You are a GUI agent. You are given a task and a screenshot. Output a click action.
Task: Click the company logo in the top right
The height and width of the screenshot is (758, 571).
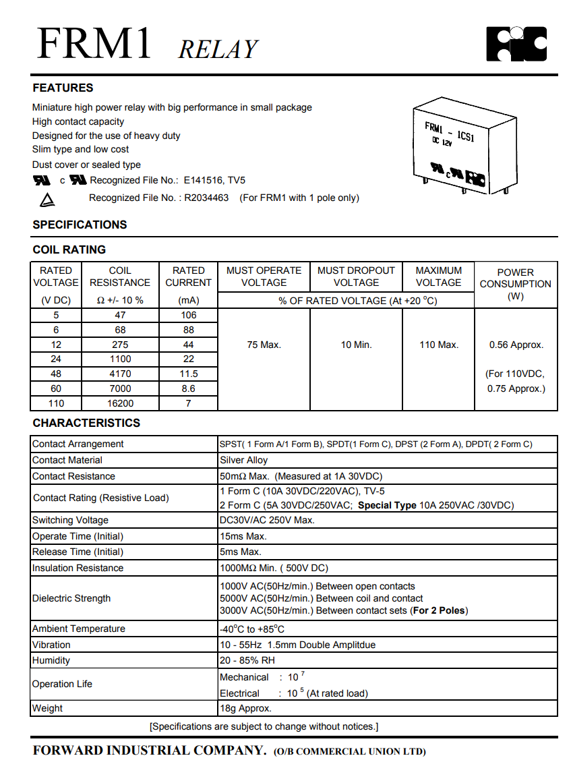click(x=516, y=44)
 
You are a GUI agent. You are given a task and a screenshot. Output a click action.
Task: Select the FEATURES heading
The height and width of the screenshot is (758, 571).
click(x=63, y=88)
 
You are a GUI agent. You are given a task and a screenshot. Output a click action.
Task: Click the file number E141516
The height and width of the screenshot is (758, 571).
click(x=204, y=180)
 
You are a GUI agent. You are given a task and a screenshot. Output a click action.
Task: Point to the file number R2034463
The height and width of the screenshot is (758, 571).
click(x=206, y=198)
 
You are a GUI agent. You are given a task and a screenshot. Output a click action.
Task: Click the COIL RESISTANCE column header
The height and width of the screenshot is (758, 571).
click(x=120, y=276)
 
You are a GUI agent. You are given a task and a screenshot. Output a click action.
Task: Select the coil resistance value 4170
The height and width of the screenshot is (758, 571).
click(x=120, y=374)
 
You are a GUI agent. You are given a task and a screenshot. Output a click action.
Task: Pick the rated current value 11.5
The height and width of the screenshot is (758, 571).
click(x=189, y=374)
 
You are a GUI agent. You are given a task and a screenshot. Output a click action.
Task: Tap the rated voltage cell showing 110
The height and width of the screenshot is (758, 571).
click(x=56, y=403)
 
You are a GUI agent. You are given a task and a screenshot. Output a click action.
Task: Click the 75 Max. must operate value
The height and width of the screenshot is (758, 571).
click(x=264, y=345)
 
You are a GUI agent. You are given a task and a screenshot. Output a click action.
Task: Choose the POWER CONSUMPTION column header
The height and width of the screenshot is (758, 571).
click(x=516, y=278)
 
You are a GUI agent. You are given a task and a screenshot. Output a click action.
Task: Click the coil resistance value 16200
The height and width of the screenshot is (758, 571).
click(x=120, y=403)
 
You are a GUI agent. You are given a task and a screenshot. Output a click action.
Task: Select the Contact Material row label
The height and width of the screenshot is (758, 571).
click(x=67, y=460)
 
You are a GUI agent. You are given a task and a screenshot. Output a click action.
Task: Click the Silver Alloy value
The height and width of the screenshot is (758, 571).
click(x=244, y=460)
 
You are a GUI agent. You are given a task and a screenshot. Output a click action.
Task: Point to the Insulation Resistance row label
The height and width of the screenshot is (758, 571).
click(x=78, y=568)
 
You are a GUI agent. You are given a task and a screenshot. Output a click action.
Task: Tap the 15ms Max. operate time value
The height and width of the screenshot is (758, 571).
click(x=243, y=536)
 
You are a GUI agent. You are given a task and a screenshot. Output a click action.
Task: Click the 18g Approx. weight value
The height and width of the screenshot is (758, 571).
click(x=246, y=708)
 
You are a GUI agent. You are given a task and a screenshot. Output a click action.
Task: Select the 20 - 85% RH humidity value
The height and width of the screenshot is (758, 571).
click(x=247, y=660)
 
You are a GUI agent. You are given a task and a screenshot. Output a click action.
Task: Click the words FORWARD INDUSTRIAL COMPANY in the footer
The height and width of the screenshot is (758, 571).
click(x=150, y=751)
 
